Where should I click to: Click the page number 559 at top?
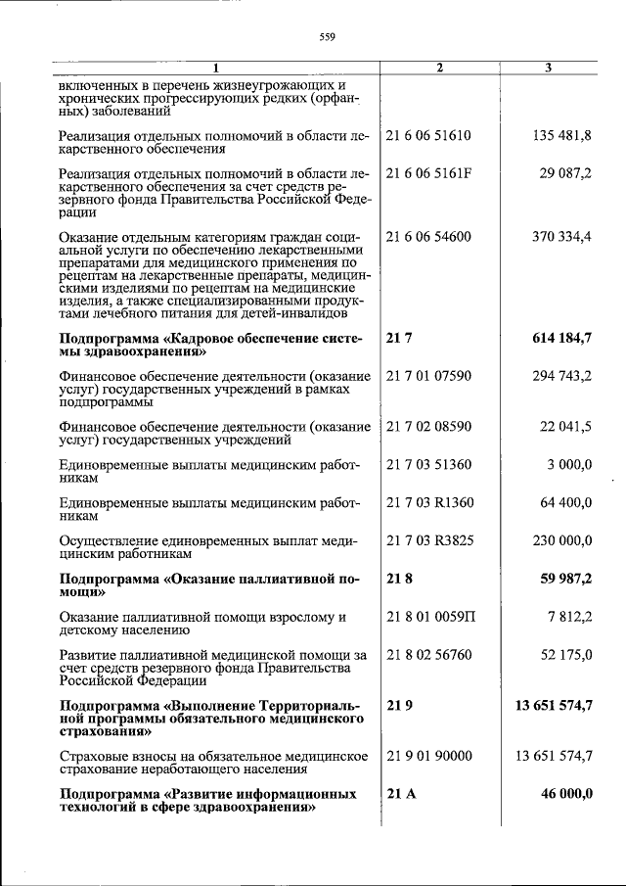[x=328, y=38]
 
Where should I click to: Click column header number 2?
[x=439, y=68]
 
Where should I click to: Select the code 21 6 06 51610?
[x=428, y=135]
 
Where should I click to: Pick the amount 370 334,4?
[x=561, y=236]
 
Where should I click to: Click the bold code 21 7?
[x=396, y=338]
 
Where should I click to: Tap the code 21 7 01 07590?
[x=428, y=376]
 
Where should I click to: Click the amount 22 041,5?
[x=565, y=427]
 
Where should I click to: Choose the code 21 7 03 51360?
[x=428, y=465]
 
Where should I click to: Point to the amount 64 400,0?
[x=565, y=503]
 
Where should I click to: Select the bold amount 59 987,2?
[x=565, y=580]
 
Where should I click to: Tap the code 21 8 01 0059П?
[x=429, y=618]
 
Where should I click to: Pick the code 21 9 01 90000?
[x=428, y=756]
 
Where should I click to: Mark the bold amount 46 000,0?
[x=565, y=794]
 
